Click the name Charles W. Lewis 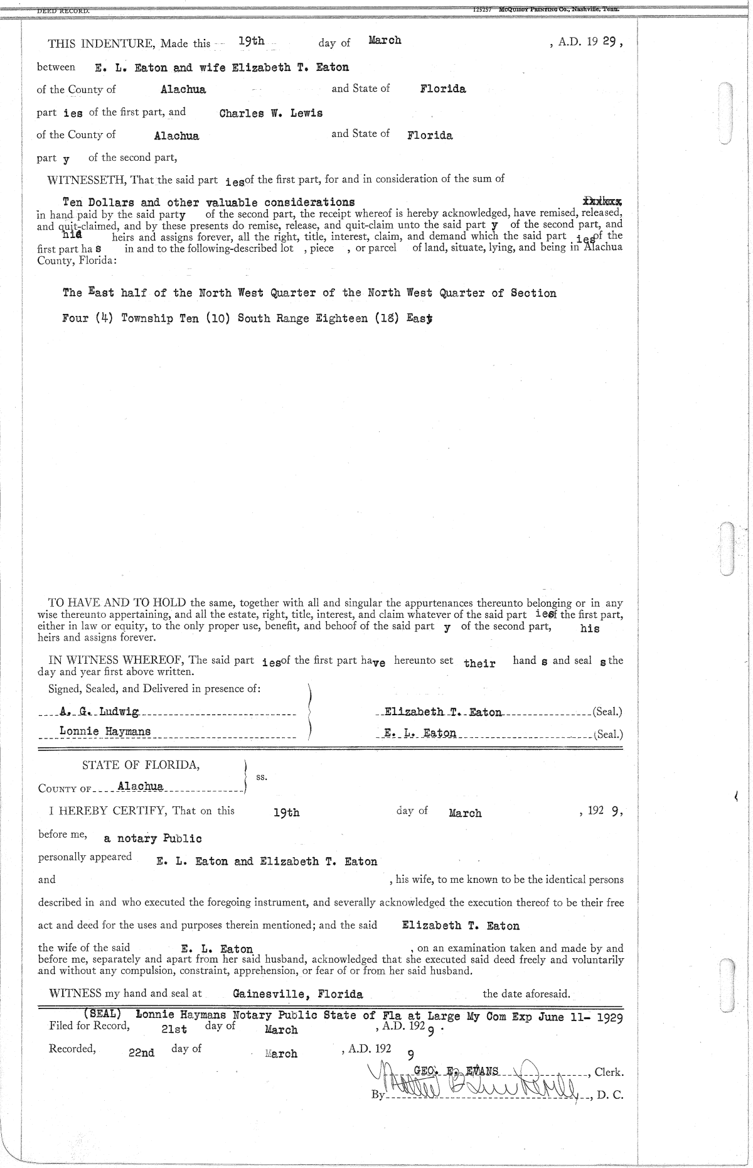271,114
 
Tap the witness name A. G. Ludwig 100,711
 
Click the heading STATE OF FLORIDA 141,765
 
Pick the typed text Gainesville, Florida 297,994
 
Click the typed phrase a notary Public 152,838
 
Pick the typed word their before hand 479,663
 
